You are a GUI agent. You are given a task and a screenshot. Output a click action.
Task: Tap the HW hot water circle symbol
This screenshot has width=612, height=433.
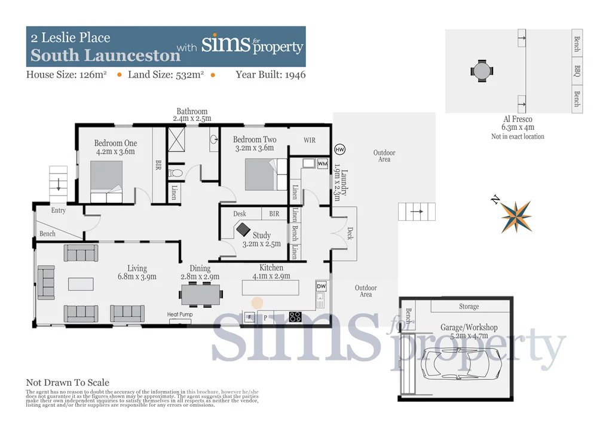[x=339, y=149]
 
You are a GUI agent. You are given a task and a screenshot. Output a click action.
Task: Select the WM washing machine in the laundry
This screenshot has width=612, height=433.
[x=322, y=163]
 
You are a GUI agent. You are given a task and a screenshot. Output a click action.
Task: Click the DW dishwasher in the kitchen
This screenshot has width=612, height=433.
[x=321, y=286]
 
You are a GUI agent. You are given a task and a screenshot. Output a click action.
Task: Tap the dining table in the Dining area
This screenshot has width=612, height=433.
[x=201, y=294]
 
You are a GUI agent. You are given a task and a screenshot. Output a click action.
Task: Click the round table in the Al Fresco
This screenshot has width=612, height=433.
[x=482, y=70]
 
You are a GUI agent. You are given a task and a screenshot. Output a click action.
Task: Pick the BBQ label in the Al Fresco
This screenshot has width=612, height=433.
[x=577, y=72]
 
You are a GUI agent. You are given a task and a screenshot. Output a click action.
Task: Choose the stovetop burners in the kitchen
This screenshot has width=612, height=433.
[x=295, y=317]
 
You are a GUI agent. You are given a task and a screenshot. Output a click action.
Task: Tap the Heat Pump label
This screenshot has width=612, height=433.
[x=180, y=315]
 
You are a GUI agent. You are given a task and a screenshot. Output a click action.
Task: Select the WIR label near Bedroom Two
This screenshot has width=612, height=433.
[x=310, y=141]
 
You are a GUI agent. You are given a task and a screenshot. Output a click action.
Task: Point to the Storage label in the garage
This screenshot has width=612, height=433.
[x=469, y=307]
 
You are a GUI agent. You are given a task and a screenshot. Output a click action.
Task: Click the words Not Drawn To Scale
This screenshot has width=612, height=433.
[x=68, y=383]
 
